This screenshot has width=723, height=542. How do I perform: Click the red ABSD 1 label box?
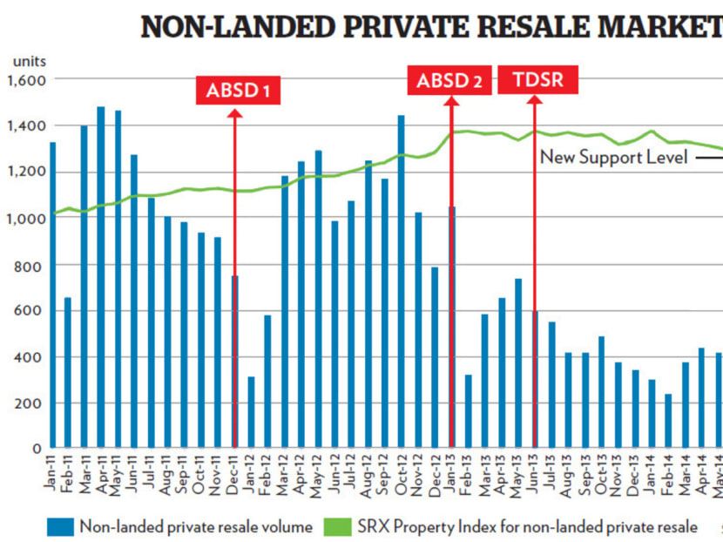pyautogui.click(x=237, y=90)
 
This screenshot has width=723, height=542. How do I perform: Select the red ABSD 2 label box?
pyautogui.click(x=449, y=81)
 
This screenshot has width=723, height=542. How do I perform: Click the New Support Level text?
pyautogui.click(x=614, y=158)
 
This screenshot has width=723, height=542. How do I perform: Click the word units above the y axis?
pyautogui.click(x=30, y=62)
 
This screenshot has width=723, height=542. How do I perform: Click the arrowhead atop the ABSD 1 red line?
pyautogui.click(x=235, y=116)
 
